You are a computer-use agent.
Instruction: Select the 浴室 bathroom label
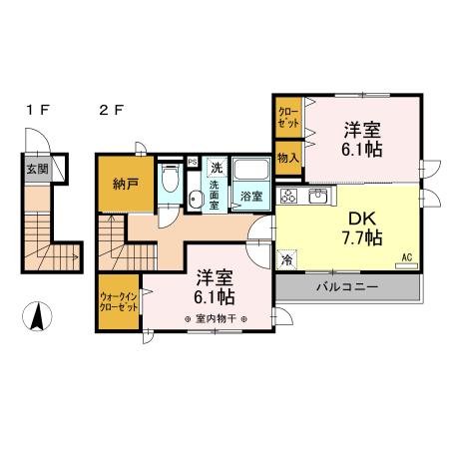pos(249,198)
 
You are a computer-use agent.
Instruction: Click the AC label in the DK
pos(407,256)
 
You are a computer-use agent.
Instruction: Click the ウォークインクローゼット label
pos(119,301)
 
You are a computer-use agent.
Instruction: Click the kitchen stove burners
pos(291,194)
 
